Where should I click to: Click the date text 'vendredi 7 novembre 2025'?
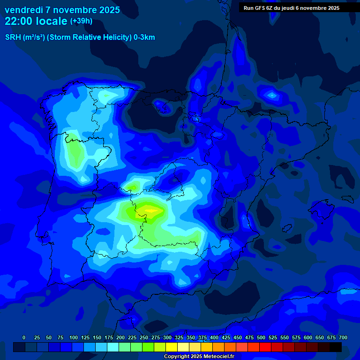62,10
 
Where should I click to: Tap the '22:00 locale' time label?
36,21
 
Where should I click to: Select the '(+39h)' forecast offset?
81,21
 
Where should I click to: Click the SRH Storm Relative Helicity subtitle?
80,37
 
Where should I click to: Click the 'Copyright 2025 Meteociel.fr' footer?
199,356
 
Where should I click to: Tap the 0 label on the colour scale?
24,337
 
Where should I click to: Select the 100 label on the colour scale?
74,337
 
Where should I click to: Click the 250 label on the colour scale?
144,337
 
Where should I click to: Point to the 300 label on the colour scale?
167,337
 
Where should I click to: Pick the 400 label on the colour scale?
214,337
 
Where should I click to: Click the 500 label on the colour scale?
261,337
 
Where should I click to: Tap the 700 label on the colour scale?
343,337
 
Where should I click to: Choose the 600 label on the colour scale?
308,337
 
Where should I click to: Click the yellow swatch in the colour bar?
172,347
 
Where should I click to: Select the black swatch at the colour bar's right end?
336,347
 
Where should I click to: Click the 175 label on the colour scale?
109,337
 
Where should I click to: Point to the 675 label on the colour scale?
331,337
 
